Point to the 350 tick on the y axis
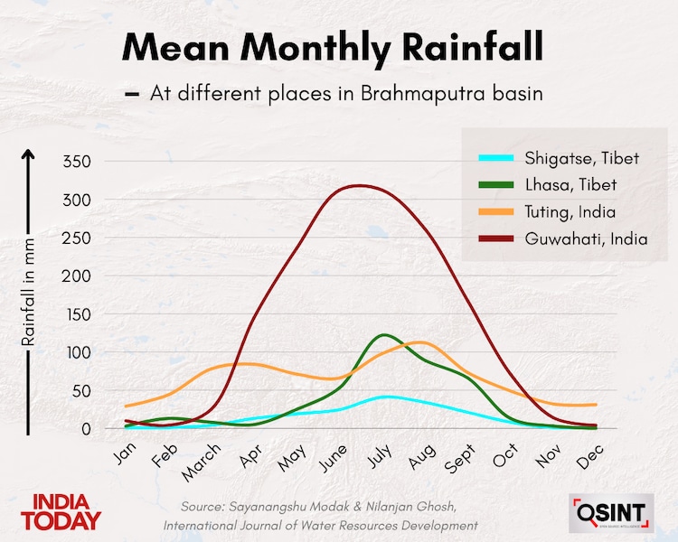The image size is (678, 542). [x=77, y=162]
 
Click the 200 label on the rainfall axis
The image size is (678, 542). [x=77, y=276]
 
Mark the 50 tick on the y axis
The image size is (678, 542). [x=80, y=391]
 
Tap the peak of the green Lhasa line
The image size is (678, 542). [x=386, y=335]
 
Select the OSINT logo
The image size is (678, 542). [x=610, y=513]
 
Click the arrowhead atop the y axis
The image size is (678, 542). [x=28, y=155]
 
